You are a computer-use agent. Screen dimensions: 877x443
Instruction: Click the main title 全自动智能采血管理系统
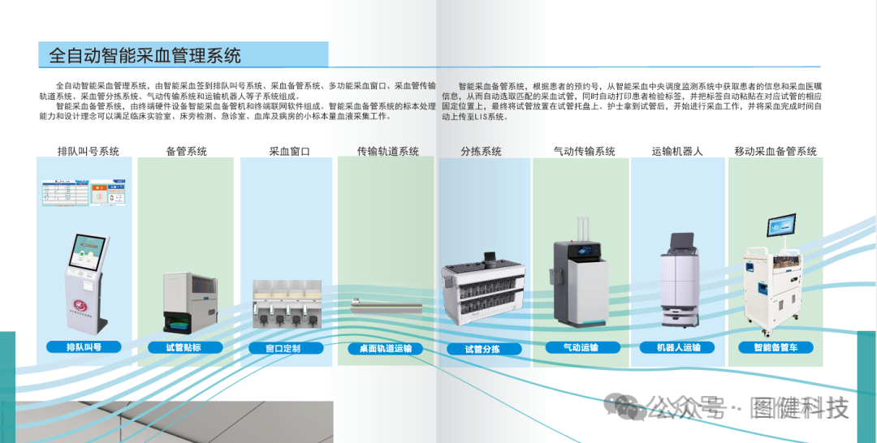(x=145, y=55)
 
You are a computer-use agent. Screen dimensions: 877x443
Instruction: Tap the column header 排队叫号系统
(x=89, y=151)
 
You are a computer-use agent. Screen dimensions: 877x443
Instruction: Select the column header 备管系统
(x=186, y=151)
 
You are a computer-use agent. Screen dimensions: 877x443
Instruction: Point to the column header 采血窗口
(x=289, y=151)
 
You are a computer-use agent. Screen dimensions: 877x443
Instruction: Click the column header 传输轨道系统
(x=387, y=151)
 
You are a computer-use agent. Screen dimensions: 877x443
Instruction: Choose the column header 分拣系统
(x=481, y=151)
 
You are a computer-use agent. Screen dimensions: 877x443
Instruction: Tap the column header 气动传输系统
(x=584, y=151)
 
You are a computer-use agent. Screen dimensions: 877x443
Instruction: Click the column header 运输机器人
(x=677, y=151)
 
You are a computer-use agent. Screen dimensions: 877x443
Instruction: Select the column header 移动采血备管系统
(x=775, y=151)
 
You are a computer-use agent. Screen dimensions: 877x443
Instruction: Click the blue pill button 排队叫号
(x=84, y=347)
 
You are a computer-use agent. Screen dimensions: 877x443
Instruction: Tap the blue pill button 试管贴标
(x=185, y=347)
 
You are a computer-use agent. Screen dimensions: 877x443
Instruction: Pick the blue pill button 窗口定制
(x=286, y=348)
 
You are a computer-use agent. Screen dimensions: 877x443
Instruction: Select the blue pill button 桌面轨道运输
(x=386, y=349)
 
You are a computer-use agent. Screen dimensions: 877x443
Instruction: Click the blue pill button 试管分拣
(x=484, y=349)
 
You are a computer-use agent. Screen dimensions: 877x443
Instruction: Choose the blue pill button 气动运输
(x=583, y=347)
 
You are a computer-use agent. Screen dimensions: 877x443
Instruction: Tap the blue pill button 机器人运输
(x=677, y=347)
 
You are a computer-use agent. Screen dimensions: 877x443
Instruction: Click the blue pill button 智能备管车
(x=775, y=347)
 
